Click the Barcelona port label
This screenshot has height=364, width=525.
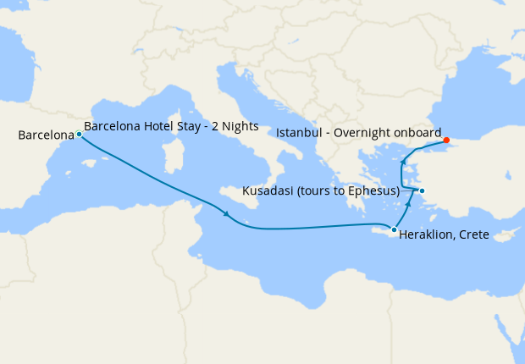45,135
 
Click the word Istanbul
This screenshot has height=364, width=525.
299,133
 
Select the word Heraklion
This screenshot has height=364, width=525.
427,234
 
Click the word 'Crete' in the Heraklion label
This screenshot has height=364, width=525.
473,234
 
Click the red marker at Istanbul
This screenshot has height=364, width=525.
446,141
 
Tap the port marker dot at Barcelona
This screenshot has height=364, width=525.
79,134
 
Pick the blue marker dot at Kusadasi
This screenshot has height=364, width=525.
422,190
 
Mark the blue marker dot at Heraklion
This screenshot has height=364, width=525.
394,229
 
